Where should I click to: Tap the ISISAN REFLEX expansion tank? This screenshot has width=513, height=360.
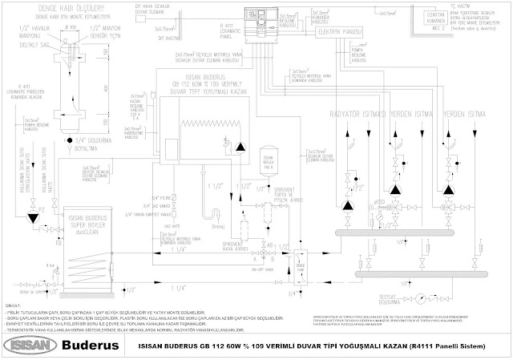pyautogui.click(x=269, y=165)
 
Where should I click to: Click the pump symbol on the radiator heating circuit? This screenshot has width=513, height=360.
pyautogui.click(x=348, y=206)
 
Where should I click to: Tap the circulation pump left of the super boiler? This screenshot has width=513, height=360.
pyautogui.click(x=37, y=214)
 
